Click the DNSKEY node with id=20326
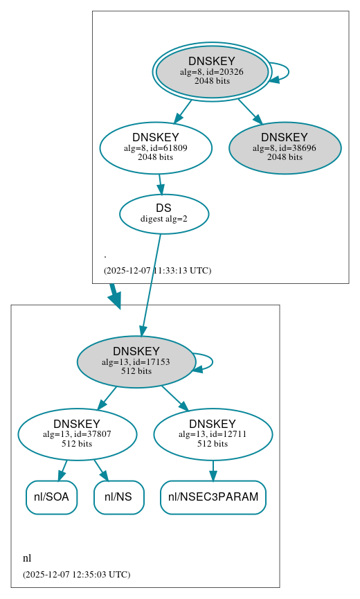212,71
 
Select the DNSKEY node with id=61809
156,147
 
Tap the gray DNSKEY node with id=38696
285,147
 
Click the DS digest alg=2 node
164,213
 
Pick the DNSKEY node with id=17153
136,361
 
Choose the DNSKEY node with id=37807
77,434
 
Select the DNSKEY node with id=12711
213,434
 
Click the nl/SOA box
51,497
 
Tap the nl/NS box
118,497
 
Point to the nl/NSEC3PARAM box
213,497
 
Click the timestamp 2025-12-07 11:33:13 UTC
157,271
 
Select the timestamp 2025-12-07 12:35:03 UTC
76,575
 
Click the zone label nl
27,558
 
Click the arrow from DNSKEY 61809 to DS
161,184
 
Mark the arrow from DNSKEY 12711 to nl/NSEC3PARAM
213,470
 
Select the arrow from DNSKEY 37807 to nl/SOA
63,470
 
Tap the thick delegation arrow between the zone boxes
114,295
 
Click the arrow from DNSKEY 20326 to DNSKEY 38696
249,111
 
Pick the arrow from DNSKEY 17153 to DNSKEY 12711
174,397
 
